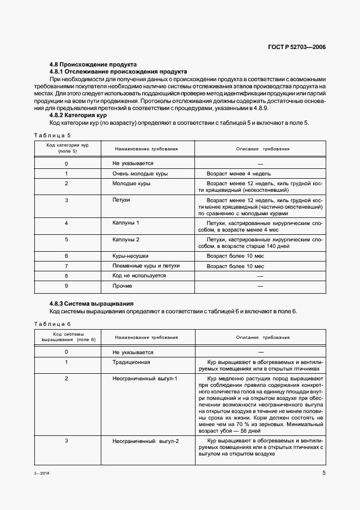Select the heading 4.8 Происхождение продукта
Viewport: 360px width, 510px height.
(x=93, y=64)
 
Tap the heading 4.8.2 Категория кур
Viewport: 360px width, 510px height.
(x=78, y=115)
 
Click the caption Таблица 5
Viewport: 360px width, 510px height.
(x=53, y=135)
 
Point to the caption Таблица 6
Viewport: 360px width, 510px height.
(x=53, y=324)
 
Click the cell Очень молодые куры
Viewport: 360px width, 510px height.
(x=140, y=173)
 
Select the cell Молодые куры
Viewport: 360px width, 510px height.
(x=131, y=184)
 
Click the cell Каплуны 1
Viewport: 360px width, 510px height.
(x=126, y=223)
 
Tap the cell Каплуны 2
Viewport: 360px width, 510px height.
(x=126, y=239)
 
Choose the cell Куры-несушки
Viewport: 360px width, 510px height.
(x=130, y=256)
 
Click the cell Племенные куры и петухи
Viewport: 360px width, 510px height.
(x=145, y=266)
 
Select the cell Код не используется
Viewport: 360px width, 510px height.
(x=139, y=276)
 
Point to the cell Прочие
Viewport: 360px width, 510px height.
(x=122, y=286)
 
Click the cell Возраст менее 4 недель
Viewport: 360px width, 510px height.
(x=235, y=173)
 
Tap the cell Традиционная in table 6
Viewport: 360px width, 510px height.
(x=131, y=362)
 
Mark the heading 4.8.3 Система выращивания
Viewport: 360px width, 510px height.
(x=91, y=303)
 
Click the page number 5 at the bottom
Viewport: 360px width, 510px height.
(x=324, y=473)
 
